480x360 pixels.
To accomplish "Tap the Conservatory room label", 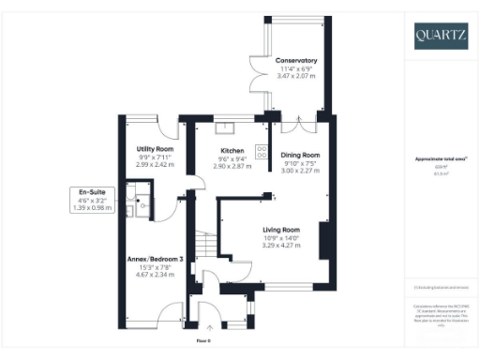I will pos(295,61).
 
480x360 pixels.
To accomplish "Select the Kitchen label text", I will pos(232,150).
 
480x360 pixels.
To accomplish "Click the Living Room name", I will pos(281,229).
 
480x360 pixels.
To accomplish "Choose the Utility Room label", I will pos(155,149).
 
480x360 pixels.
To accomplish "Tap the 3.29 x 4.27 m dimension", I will pos(281,244).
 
